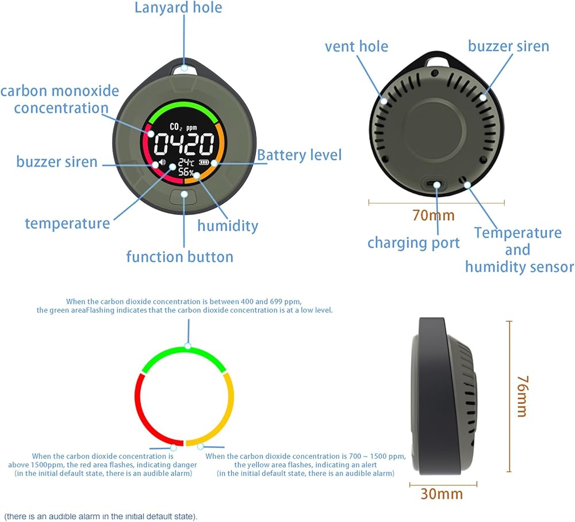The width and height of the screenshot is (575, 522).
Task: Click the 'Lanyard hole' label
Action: click(x=178, y=8)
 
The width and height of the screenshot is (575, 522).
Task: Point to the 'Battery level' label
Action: click(x=299, y=155)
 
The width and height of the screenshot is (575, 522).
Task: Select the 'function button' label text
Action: click(x=179, y=256)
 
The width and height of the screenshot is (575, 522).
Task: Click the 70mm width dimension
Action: click(x=433, y=216)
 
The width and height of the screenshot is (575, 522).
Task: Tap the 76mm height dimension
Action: click(x=522, y=396)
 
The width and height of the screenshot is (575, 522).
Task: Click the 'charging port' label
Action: click(x=413, y=243)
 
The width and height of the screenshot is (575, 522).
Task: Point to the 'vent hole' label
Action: click(x=356, y=46)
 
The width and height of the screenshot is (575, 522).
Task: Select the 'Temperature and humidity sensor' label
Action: click(x=519, y=250)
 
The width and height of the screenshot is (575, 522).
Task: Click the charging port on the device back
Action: click(x=436, y=185)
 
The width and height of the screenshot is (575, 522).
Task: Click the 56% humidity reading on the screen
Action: click(x=186, y=172)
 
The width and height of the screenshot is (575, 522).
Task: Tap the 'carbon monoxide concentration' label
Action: click(x=60, y=99)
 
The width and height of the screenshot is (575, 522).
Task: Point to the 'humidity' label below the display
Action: click(x=228, y=226)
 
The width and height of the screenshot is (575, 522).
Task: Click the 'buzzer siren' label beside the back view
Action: click(x=508, y=46)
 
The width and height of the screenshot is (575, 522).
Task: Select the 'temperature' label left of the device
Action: click(x=67, y=223)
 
